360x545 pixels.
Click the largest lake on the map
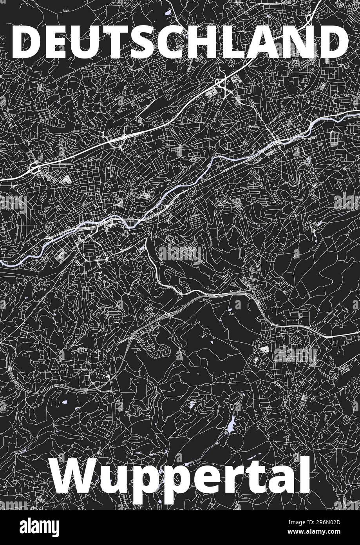pos(232,424)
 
